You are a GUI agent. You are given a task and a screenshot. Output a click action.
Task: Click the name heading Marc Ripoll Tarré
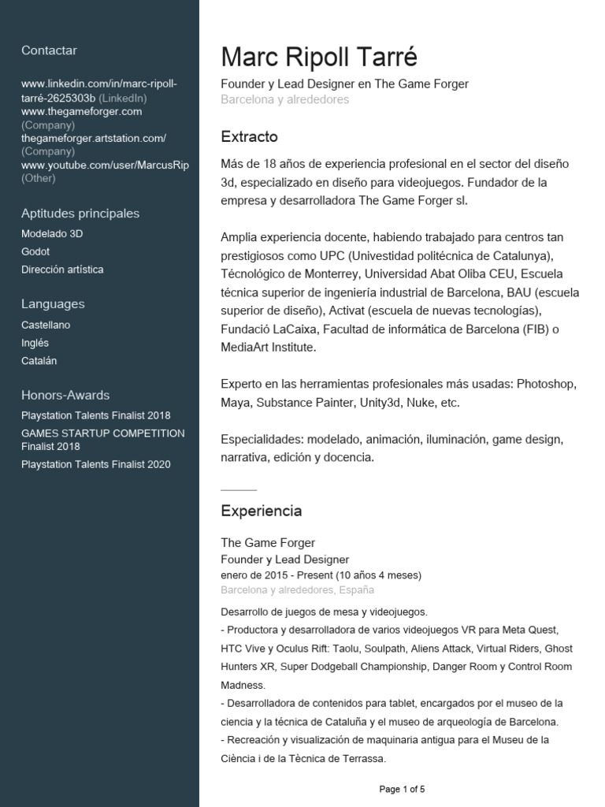[319, 58]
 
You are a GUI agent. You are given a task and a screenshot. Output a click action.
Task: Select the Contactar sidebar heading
[49, 50]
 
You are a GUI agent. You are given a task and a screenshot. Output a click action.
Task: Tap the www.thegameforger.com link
[81, 112]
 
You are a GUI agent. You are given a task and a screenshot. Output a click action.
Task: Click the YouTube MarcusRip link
[105, 165]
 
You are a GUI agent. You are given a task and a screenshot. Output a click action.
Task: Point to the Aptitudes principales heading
[80, 214]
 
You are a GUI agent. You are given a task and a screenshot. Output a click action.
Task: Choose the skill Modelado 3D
[52, 234]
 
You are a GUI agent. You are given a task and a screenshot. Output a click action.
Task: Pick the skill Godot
[35, 251]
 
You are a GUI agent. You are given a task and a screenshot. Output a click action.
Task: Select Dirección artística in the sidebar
[62, 270]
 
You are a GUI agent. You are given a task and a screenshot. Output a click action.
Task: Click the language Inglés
[35, 343]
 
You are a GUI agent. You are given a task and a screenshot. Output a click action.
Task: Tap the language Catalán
[39, 361]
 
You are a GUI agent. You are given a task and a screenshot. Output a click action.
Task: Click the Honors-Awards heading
[65, 396]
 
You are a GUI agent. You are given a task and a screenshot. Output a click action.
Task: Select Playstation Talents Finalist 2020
[95, 465]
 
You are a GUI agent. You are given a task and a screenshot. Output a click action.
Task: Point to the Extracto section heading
[249, 137]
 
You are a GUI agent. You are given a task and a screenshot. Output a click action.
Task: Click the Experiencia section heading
[261, 511]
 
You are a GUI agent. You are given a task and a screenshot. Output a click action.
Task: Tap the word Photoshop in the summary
[547, 384]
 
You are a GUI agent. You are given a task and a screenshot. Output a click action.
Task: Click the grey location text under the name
[284, 100]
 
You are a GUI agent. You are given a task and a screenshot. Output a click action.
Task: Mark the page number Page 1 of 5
[402, 789]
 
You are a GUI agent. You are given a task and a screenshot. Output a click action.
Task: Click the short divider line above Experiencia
[239, 489]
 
